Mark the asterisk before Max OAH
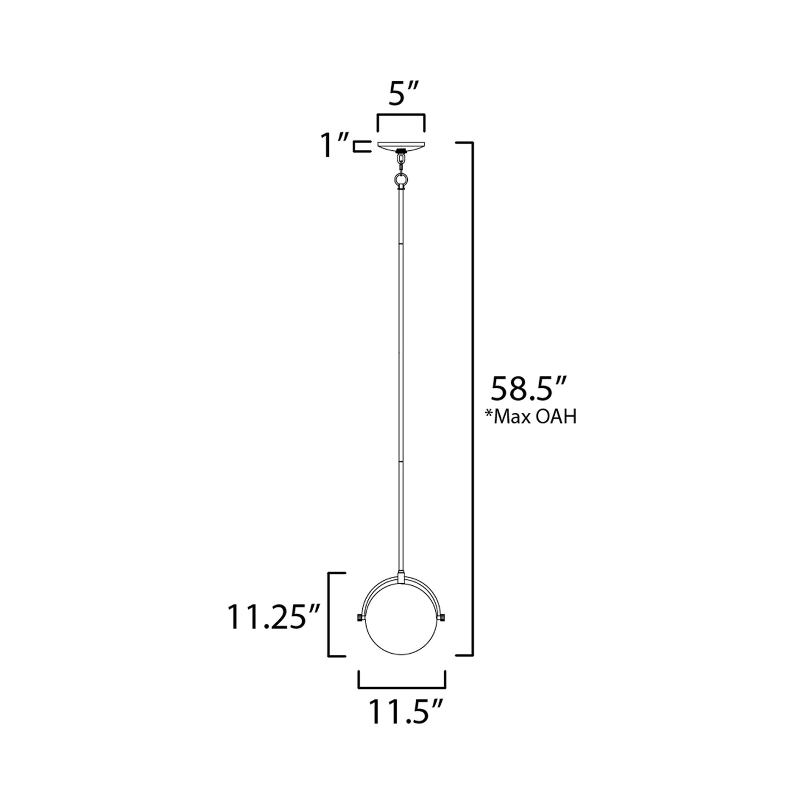pos(490,415)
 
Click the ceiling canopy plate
pos(401,146)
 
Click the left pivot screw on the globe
pos(357,618)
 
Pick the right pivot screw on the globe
pos(444,618)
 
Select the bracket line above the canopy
pos(401,116)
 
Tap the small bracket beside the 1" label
pos(361,146)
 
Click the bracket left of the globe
pos(331,614)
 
